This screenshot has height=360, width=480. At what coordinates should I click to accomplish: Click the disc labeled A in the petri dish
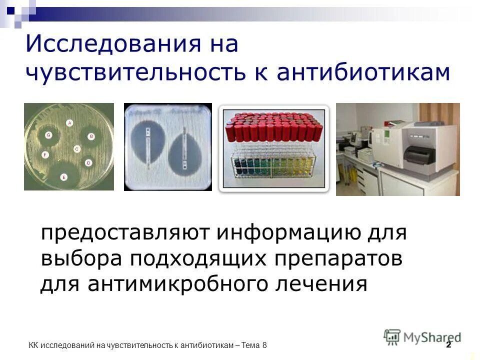click(x=69, y=122)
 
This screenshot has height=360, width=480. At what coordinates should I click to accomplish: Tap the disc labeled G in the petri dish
click(x=48, y=135)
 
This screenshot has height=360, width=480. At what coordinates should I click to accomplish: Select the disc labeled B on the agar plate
click(x=91, y=136)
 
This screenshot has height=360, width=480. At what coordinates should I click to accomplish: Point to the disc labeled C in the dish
click(x=76, y=149)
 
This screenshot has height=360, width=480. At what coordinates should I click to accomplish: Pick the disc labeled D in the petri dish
click(x=88, y=162)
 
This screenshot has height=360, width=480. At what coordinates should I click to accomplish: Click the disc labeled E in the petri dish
click(x=63, y=177)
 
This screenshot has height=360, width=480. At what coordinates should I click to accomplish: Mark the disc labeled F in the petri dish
click(x=45, y=155)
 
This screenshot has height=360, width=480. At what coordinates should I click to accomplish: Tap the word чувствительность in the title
click(x=135, y=72)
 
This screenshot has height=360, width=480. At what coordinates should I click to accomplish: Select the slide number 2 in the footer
click(x=448, y=345)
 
